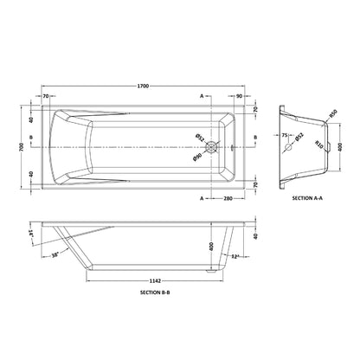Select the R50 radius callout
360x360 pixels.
(331, 113)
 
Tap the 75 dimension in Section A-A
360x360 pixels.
(283, 136)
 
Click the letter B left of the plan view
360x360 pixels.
(33, 138)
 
